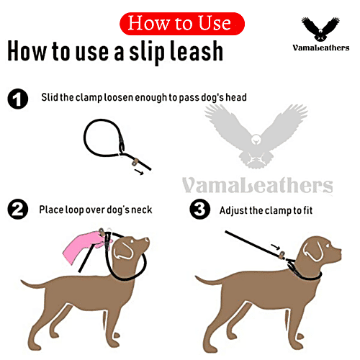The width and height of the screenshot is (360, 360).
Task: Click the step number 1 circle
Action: click(17, 99)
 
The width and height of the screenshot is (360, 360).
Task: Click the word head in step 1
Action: click(233, 97)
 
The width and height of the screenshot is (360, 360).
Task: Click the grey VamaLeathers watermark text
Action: click(257, 186)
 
